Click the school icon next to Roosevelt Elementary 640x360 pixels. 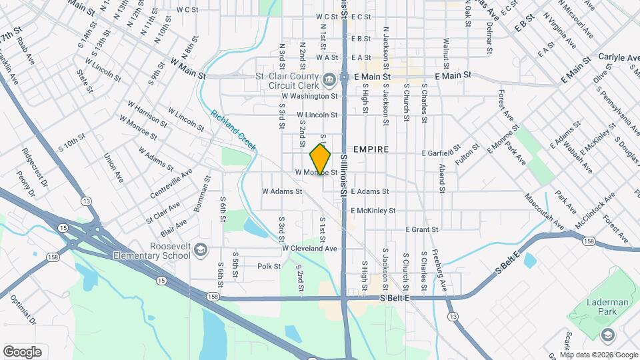[199, 251]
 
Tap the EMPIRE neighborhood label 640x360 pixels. [371, 149]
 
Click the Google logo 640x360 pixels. [22, 351]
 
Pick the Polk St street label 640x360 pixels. [269, 266]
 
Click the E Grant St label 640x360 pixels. [421, 229]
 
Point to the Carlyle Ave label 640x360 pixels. [619, 58]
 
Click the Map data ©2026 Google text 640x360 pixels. [593, 355]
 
